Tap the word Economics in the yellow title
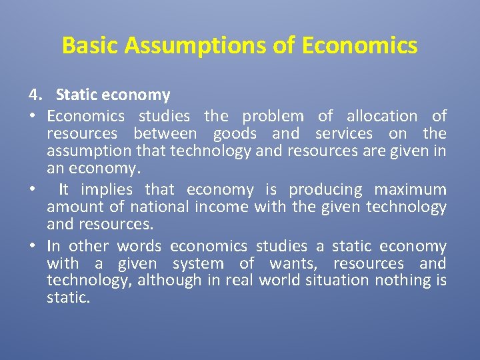point(359,45)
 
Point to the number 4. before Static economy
point(35,96)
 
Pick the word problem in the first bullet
point(273,116)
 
